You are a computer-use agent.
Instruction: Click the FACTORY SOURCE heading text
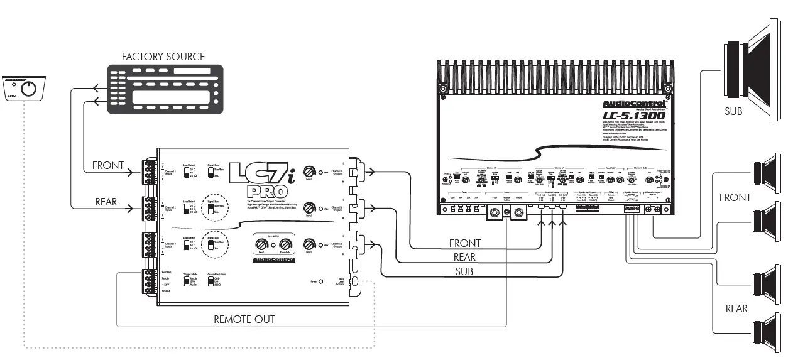(x=163, y=57)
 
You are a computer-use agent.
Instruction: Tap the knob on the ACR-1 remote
(x=29, y=89)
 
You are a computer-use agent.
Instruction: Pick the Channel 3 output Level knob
(x=309, y=244)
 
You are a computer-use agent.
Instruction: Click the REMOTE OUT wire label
(x=244, y=319)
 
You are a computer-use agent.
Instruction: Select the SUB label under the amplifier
(x=464, y=271)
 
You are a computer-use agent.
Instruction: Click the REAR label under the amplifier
(x=464, y=257)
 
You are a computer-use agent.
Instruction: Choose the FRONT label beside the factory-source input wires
(x=109, y=166)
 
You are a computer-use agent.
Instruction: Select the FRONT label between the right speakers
(x=735, y=197)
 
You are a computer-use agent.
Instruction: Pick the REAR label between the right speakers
(x=736, y=308)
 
